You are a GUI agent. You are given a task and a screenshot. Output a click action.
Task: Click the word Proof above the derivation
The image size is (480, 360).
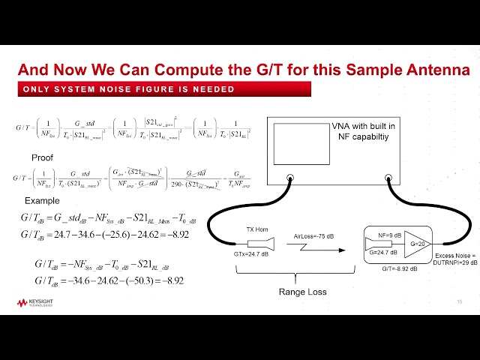42,158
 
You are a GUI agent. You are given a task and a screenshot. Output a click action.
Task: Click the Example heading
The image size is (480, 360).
42,201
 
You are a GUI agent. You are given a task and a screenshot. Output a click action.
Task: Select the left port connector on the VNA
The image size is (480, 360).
289,178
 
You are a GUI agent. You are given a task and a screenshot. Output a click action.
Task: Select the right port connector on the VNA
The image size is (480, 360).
389,178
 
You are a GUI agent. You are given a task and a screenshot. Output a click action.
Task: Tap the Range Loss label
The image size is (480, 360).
298,290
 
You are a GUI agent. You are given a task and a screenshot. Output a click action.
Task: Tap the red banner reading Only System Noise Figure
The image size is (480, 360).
128,89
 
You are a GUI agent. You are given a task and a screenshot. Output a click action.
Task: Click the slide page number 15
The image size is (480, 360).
459,302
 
